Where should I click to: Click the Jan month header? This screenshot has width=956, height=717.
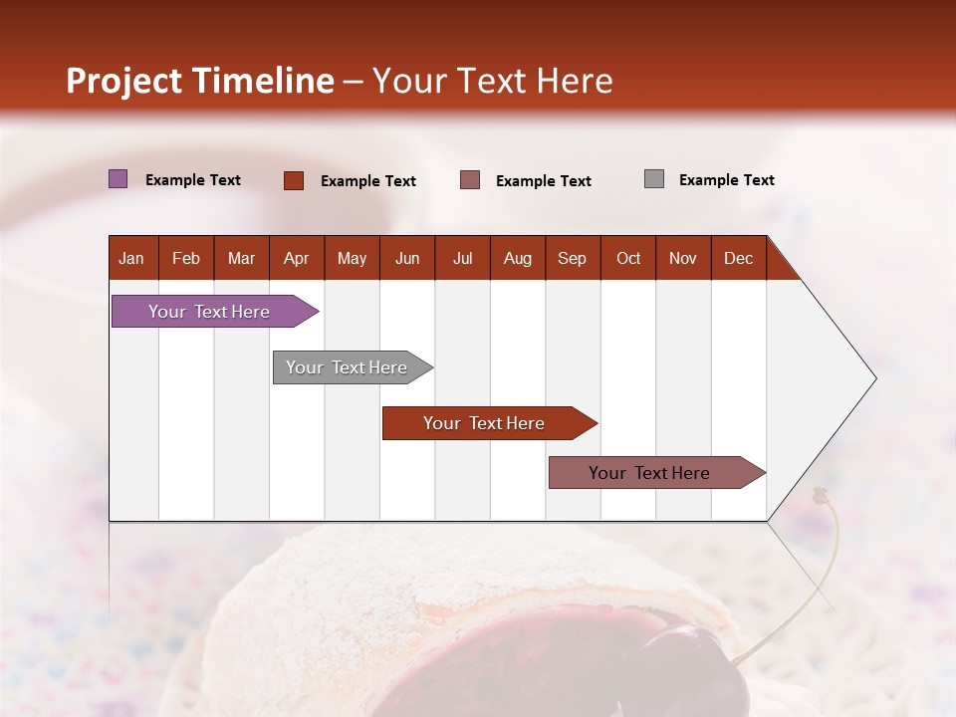pyautogui.click(x=132, y=258)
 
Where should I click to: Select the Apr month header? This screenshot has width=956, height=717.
pyautogui.click(x=297, y=258)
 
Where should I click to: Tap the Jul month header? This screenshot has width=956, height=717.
pyautogui.click(x=462, y=258)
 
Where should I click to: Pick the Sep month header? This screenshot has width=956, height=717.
pyautogui.click(x=573, y=258)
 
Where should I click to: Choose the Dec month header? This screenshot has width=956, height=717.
pyautogui.click(x=738, y=258)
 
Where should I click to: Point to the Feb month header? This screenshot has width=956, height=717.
pyautogui.click(x=186, y=258)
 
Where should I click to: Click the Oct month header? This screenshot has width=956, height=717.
pyautogui.click(x=628, y=258)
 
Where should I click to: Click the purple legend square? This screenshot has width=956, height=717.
pyautogui.click(x=119, y=179)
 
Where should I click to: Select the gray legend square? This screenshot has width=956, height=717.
pyautogui.click(x=654, y=179)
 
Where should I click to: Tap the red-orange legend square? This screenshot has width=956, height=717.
pyautogui.click(x=294, y=180)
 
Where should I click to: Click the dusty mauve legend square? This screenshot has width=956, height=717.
pyautogui.click(x=470, y=180)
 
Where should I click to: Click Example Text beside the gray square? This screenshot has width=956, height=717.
pyautogui.click(x=726, y=180)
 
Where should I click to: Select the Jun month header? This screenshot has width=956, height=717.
pyautogui.click(x=407, y=258)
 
